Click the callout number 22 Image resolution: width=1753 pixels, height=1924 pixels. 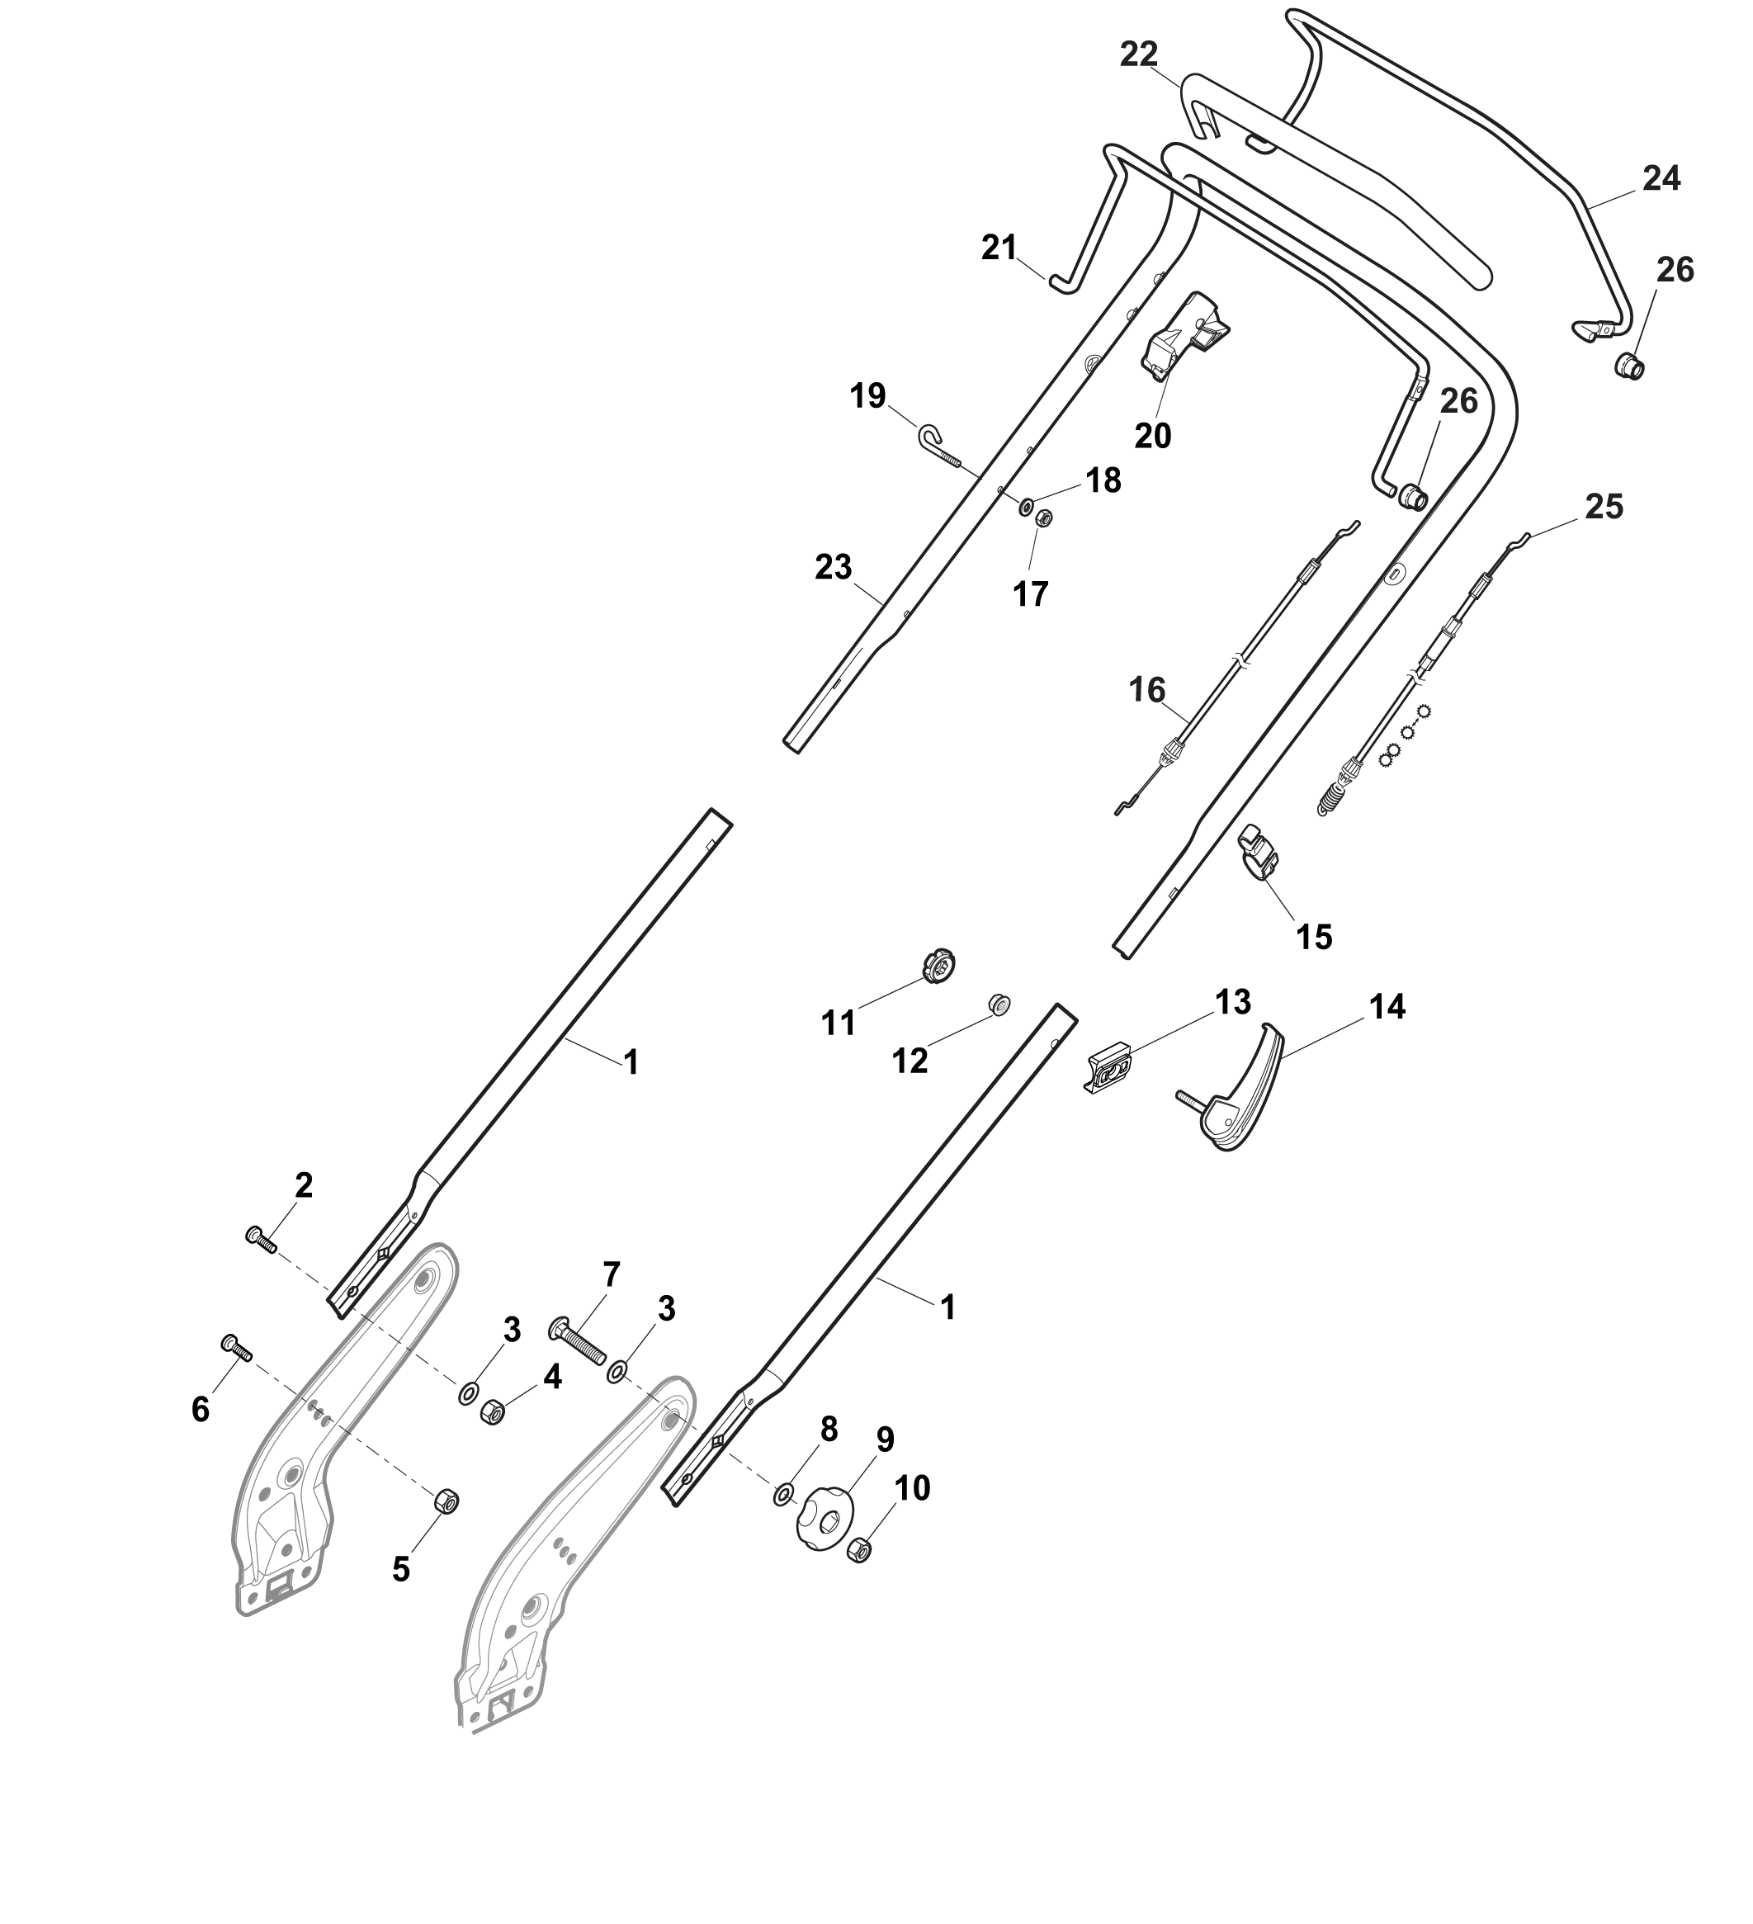(1138, 55)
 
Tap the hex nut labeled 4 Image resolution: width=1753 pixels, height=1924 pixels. (491, 1411)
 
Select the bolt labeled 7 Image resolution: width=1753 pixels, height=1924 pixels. (579, 1344)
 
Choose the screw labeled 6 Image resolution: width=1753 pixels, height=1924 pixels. (237, 1349)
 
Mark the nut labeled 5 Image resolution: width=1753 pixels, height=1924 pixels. (446, 1501)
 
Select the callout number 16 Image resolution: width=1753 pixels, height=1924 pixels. (1148, 689)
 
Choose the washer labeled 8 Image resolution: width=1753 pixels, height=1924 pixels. (782, 1495)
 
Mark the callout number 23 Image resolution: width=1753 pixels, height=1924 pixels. (833, 567)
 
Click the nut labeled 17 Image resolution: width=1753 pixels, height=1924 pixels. (1043, 518)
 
